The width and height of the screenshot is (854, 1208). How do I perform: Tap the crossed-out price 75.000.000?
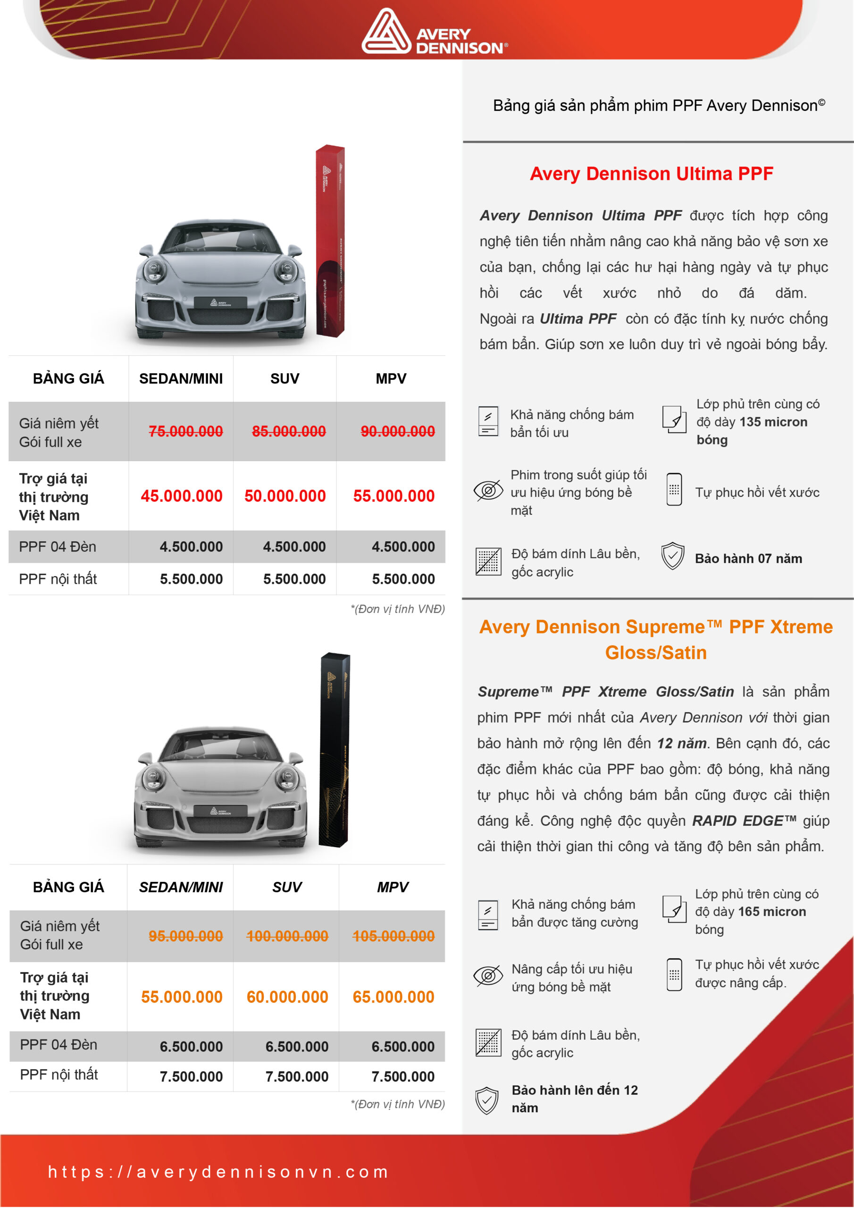[185, 431]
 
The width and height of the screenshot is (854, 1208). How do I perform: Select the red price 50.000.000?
[285, 495]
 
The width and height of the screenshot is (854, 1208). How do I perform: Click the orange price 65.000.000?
[393, 997]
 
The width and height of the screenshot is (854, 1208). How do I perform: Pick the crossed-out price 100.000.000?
[287, 936]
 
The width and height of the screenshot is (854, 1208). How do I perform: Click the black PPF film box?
[334, 749]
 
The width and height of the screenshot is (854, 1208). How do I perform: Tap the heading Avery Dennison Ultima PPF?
[651, 174]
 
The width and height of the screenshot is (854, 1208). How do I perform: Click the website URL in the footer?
[218, 1172]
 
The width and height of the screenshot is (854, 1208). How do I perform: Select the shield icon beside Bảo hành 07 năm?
[672, 556]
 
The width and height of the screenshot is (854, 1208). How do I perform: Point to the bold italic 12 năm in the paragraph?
[681, 743]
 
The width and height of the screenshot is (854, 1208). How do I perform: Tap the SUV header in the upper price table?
[285, 378]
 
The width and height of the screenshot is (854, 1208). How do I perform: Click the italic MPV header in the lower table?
[392, 887]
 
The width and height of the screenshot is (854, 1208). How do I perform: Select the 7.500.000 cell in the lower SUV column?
[297, 1076]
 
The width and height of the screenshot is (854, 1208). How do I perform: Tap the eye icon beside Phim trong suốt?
[488, 490]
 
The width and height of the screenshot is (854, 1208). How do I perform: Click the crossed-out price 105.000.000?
[393, 936]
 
